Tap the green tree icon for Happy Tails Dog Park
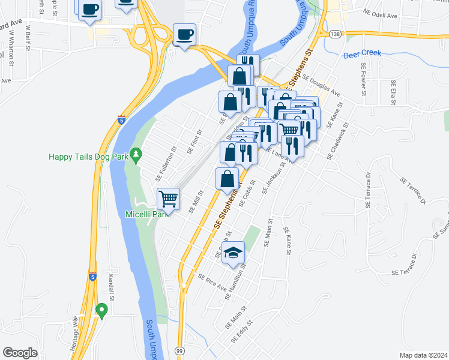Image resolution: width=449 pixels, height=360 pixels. [x=136, y=155]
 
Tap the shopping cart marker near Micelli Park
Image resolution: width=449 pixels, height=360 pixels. [x=169, y=198]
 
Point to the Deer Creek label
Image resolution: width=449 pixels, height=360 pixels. [x=363, y=54]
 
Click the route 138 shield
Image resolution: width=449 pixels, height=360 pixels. [x=335, y=34]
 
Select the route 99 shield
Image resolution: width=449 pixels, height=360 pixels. [x=180, y=350]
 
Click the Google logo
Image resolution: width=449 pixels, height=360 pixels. [x=20, y=353]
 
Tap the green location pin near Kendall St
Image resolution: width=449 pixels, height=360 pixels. [x=101, y=310]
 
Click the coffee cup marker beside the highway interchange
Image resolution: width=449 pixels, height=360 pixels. [x=184, y=34]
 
